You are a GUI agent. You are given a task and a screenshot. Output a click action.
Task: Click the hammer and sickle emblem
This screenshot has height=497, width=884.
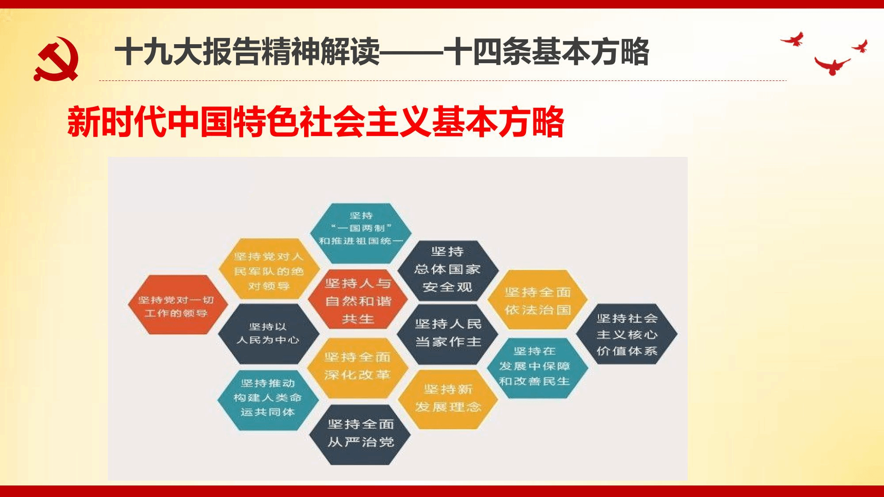click(56, 59)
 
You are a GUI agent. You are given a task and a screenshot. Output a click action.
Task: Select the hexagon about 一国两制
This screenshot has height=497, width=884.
click(361, 233)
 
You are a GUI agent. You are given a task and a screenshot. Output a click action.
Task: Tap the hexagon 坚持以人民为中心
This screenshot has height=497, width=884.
click(268, 334)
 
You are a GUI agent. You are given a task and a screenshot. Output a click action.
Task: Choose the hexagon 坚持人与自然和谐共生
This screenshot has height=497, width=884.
click(358, 300)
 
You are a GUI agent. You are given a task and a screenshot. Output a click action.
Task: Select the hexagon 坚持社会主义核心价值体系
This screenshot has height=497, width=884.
click(627, 334)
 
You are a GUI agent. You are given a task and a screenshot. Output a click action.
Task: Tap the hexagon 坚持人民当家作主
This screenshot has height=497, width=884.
click(448, 334)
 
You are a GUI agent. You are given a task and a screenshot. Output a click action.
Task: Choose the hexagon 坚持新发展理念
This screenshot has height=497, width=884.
click(448, 399)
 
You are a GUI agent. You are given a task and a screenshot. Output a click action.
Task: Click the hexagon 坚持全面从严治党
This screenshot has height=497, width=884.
click(360, 434)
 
